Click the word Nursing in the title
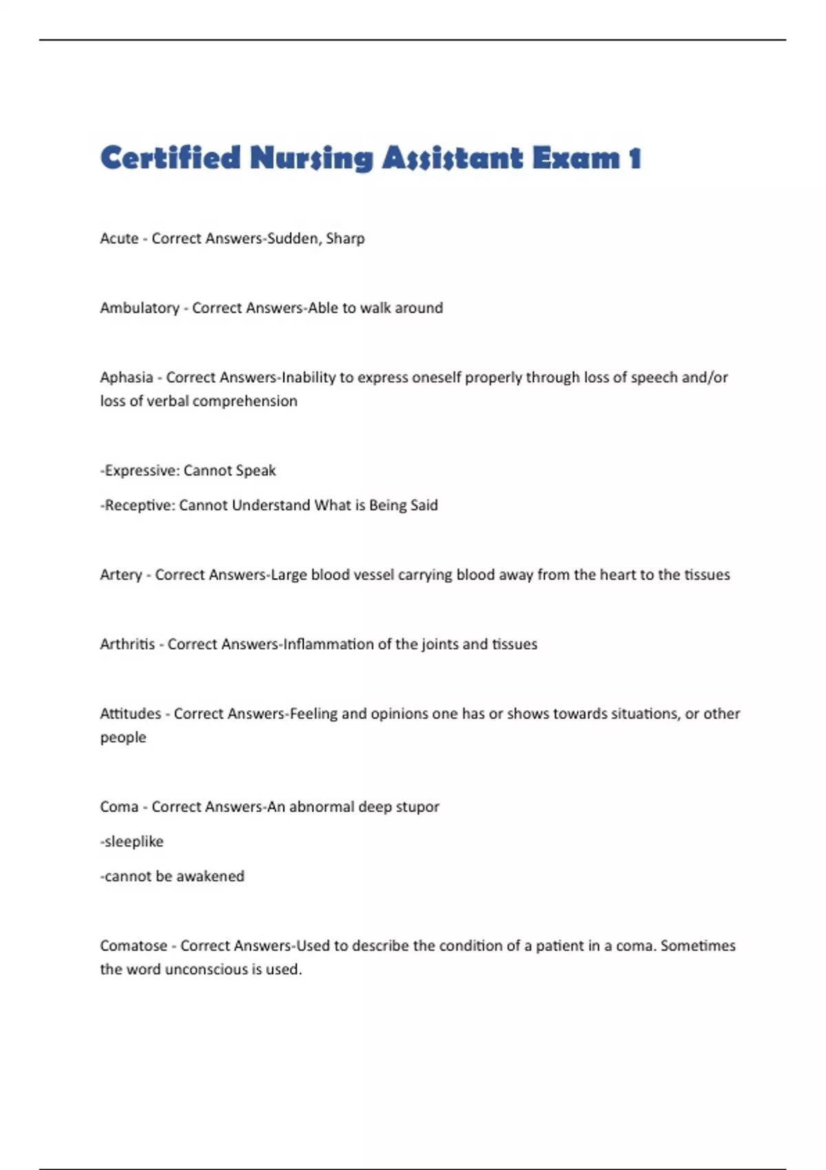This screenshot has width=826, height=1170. [312, 159]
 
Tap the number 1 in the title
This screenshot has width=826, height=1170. [635, 159]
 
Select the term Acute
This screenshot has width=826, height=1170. [119, 239]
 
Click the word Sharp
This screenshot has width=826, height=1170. [345, 239]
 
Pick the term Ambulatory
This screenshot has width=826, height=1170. [140, 308]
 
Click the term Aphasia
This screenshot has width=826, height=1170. [127, 378]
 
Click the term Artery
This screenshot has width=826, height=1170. [121, 575]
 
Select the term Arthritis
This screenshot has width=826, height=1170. [127, 645]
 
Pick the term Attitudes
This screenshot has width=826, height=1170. [131, 714]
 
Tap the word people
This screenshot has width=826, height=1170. [123, 738]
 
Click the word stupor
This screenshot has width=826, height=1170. [417, 807]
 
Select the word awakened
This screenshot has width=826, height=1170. [210, 877]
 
